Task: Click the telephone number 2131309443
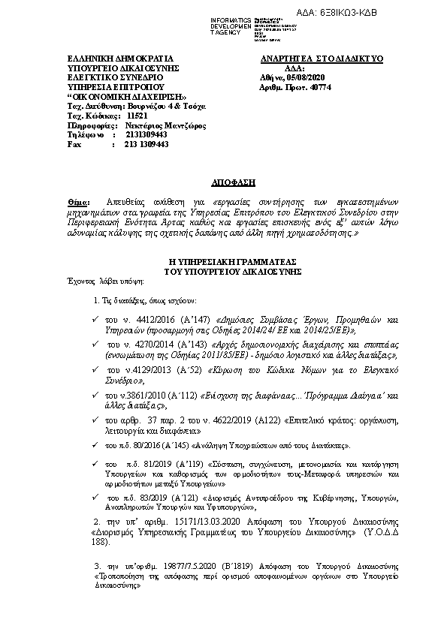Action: tap(136, 134)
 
